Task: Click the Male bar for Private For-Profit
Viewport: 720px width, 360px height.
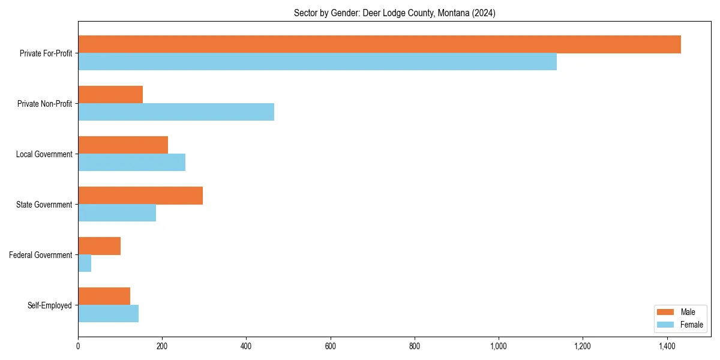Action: (x=379, y=44)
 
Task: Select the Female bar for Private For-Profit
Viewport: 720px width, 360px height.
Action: (x=317, y=62)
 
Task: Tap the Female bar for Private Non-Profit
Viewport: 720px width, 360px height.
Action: (x=176, y=112)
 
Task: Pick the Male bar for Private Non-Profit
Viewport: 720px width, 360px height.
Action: (x=110, y=95)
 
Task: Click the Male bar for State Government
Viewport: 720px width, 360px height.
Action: (x=140, y=196)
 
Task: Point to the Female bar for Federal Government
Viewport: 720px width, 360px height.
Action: (x=85, y=263)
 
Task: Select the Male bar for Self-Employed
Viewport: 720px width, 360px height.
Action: (x=104, y=296)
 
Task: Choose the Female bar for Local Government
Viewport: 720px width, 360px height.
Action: (x=131, y=163)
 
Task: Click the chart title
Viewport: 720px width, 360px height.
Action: (x=394, y=13)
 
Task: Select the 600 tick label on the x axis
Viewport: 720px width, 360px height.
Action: (x=330, y=346)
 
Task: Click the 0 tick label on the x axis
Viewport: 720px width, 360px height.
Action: (x=78, y=346)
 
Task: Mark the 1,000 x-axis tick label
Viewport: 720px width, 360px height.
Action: (x=499, y=346)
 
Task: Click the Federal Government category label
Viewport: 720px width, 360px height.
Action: (x=41, y=255)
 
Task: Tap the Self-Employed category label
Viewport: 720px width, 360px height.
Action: (x=50, y=305)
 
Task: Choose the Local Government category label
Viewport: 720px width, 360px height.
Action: (x=44, y=154)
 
